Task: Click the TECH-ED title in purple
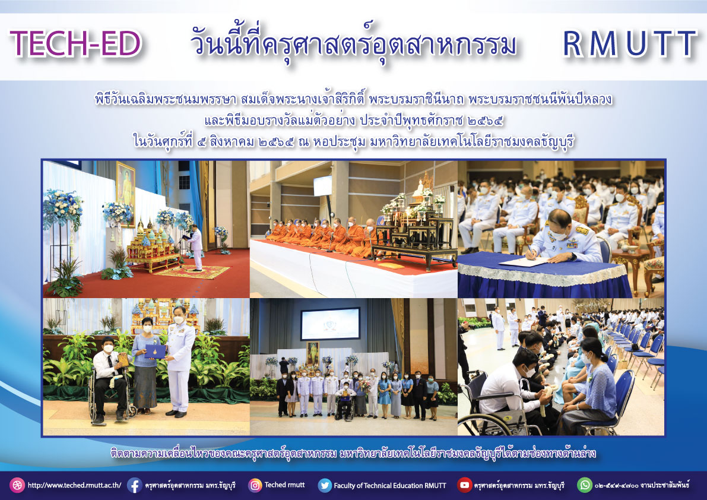pos(75,44)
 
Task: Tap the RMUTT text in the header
pos(630,44)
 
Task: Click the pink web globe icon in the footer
pos(17,485)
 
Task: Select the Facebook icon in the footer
pos(134,485)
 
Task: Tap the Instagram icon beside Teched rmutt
pos(255,485)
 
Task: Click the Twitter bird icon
pos(325,485)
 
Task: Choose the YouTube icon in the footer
pos(464,485)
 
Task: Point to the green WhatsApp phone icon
pos(585,485)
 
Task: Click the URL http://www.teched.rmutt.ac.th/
pos(74,486)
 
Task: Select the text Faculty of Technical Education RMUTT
pos(389,486)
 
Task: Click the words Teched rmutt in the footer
pos(284,485)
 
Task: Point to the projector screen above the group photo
pos(331,324)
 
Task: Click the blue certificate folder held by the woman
pos(155,351)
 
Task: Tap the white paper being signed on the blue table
pos(524,262)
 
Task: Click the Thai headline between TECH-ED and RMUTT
pos(354,45)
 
